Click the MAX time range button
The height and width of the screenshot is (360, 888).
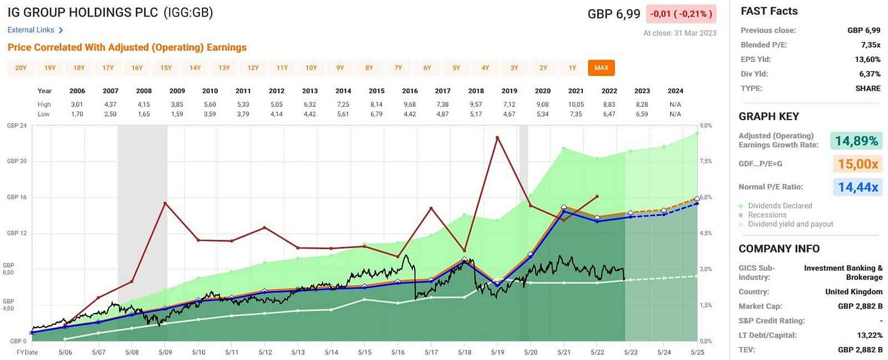coord(601,68)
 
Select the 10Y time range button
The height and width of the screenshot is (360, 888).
coord(311,68)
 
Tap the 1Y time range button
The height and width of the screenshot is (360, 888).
coord(572,68)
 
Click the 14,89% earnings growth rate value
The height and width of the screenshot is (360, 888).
coord(856,141)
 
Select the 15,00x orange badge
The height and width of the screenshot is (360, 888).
coord(856,164)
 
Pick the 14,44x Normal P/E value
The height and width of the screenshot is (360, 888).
coord(856,187)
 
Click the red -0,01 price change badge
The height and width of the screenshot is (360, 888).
coord(681,13)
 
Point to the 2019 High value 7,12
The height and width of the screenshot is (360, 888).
coord(509,104)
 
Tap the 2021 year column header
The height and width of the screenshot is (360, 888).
coord(576,90)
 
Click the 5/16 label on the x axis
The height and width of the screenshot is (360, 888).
coord(398,353)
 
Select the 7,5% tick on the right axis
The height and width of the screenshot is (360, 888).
coord(706,162)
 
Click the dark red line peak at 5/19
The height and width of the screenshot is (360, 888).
coord(497,137)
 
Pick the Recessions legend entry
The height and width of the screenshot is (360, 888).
coord(767,215)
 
